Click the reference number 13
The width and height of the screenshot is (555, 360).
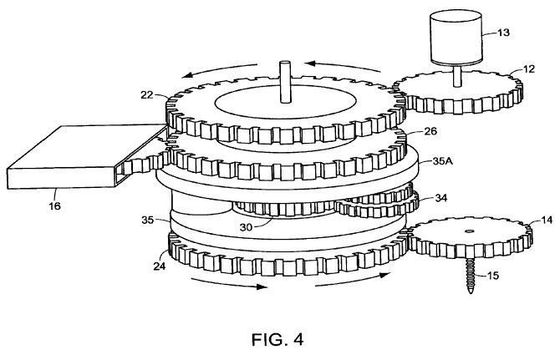503,33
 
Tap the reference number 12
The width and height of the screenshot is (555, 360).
529,68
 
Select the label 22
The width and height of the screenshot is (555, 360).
147,94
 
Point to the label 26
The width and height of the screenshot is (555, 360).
430,131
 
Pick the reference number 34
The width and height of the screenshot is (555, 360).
441,198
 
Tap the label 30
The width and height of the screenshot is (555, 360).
246,227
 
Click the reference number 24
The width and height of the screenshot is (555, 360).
160,266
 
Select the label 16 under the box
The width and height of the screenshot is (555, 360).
54,205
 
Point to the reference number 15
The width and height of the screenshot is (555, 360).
492,275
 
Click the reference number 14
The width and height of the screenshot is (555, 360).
547,220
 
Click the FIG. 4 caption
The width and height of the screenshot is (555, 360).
277,339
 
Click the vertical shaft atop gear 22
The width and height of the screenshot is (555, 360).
285,83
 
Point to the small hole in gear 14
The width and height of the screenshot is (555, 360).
470,231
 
